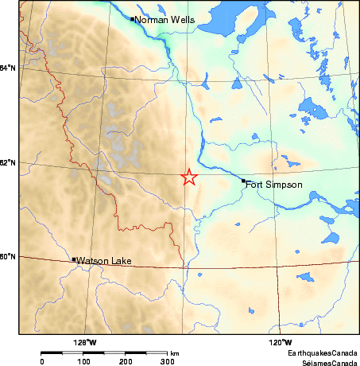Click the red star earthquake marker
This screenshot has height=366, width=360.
click(x=189, y=177)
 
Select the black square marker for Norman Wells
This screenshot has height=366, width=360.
click(x=132, y=18)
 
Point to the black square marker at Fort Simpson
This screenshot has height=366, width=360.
click(x=243, y=181)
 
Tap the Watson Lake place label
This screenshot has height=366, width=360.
click(x=103, y=260)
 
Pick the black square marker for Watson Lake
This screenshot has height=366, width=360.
click(x=74, y=259)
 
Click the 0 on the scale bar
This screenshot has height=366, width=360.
click(x=41, y=361)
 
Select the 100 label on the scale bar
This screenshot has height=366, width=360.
click(x=83, y=361)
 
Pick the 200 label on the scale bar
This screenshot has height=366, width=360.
click(x=126, y=361)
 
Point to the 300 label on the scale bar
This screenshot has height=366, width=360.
click(x=168, y=361)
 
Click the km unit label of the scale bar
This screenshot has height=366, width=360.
click(x=174, y=352)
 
